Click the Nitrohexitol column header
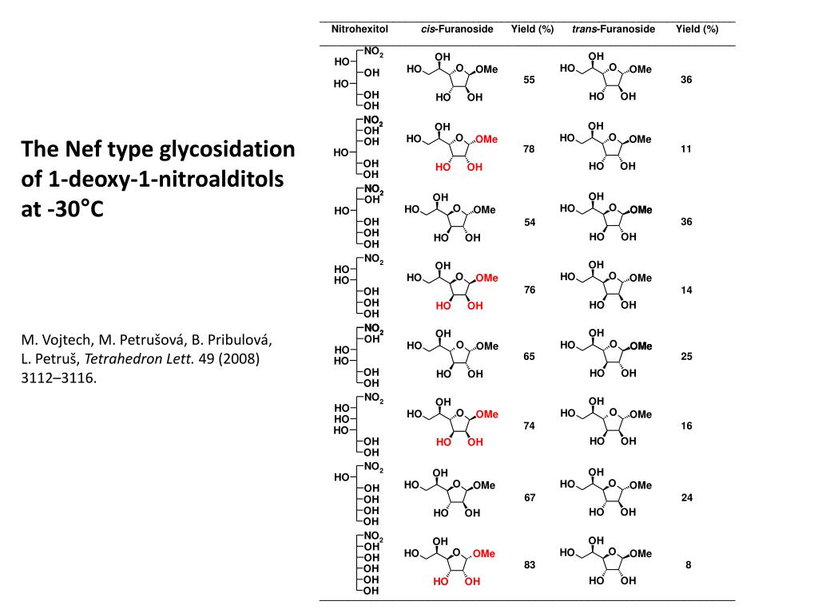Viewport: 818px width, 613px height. (x=359, y=30)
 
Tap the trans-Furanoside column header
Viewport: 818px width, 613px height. (x=613, y=30)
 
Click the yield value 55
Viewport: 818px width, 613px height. (x=529, y=81)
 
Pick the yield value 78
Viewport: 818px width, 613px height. (x=529, y=150)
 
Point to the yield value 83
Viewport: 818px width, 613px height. (x=529, y=565)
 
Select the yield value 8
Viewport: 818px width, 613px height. (x=687, y=565)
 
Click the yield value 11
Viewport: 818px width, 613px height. (x=686, y=150)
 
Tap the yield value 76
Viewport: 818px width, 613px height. (x=529, y=290)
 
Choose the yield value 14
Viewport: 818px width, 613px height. (x=686, y=290)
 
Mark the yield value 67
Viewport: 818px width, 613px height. (x=529, y=498)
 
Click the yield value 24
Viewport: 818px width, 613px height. (x=686, y=498)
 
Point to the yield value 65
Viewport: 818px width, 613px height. (x=529, y=357)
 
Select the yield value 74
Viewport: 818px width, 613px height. (x=529, y=426)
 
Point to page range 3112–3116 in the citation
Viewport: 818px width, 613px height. (x=58, y=378)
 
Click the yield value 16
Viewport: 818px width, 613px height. (x=686, y=426)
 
